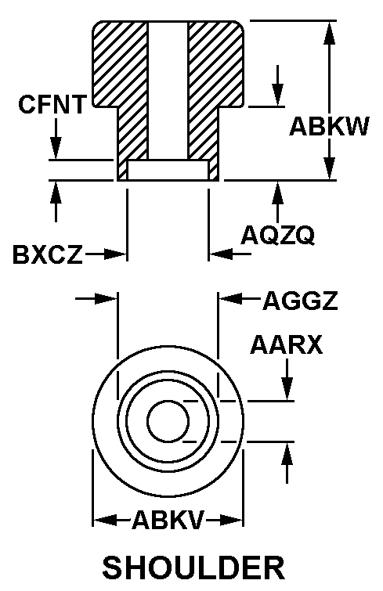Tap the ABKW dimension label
tap(329, 126)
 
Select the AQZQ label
tap(277, 235)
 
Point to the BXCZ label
tap(48, 254)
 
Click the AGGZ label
tap(300, 301)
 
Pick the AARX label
tap(287, 344)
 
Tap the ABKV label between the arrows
tap(168, 520)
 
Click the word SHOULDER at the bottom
tap(193, 568)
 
